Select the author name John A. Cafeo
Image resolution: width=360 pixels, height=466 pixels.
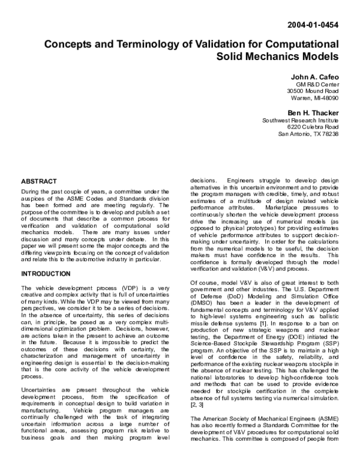(x=314, y=78)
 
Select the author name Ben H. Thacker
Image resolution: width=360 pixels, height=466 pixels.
(x=313, y=112)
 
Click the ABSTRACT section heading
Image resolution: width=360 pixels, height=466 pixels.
(x=39, y=181)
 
